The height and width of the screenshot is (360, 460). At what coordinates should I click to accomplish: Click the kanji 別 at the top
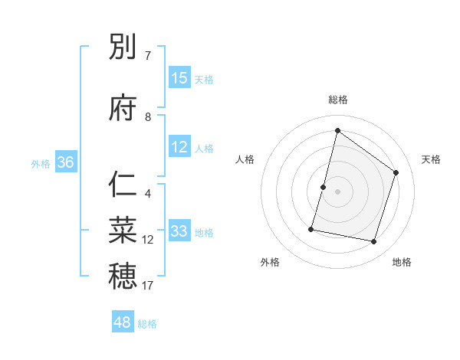pyautogui.click(x=123, y=47)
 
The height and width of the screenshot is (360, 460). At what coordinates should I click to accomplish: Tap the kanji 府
pyautogui.click(x=123, y=109)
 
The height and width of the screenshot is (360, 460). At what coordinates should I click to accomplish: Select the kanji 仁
pyautogui.click(x=123, y=185)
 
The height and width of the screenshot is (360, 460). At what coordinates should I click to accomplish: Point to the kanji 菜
pyautogui.click(x=123, y=228)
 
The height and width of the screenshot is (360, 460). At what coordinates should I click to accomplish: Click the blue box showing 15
pyautogui.click(x=179, y=78)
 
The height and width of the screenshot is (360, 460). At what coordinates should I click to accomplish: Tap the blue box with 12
pyautogui.click(x=179, y=147)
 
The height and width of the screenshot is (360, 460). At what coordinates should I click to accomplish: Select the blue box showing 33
pyautogui.click(x=179, y=231)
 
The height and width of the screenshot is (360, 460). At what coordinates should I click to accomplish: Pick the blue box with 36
pyautogui.click(x=65, y=162)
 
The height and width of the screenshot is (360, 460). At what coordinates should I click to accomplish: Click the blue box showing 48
pyautogui.click(x=123, y=322)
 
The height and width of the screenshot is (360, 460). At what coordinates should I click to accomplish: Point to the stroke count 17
pyautogui.click(x=148, y=286)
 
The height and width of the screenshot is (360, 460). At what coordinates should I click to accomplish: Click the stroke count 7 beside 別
pyautogui.click(x=148, y=56)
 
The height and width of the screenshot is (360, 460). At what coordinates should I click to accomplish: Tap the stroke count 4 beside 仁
pyautogui.click(x=148, y=194)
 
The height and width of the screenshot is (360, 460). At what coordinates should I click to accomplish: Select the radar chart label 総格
pyautogui.click(x=338, y=100)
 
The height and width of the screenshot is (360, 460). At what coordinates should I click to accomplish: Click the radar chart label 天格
pyautogui.click(x=432, y=159)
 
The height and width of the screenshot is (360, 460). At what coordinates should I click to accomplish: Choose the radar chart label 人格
pyautogui.click(x=245, y=159)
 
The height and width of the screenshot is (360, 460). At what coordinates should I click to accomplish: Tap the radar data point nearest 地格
pyautogui.click(x=373, y=242)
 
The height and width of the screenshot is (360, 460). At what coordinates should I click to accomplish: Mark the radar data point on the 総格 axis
pyautogui.click(x=337, y=130)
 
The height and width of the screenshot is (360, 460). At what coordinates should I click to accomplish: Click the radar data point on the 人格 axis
pyautogui.click(x=323, y=187)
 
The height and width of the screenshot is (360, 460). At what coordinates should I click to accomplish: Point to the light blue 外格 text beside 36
pyautogui.click(x=41, y=163)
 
